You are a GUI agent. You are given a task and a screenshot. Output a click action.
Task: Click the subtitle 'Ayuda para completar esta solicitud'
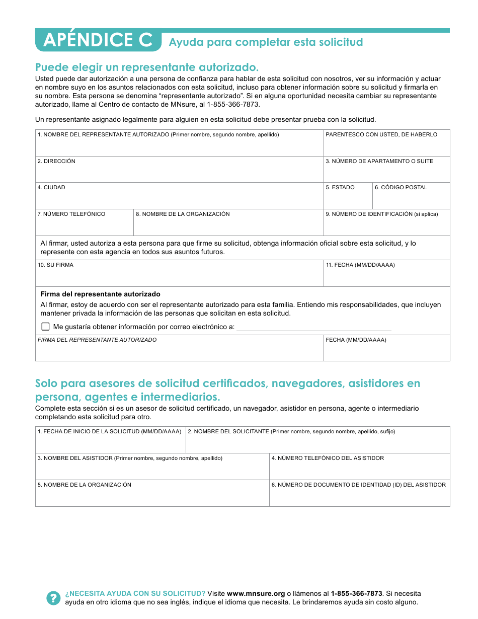tap(266, 42)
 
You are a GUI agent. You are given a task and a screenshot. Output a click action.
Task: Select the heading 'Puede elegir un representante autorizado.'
tap(147, 67)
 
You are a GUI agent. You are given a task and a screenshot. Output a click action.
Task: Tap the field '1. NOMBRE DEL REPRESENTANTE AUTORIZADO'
tap(179, 146)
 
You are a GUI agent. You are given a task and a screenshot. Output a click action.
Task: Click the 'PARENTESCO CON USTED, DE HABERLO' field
tap(386, 146)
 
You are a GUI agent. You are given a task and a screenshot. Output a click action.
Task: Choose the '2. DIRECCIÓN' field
tap(179, 173)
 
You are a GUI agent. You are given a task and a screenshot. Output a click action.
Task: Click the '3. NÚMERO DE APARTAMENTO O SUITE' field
tap(386, 173)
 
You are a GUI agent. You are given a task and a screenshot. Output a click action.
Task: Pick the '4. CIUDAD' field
tap(179, 199)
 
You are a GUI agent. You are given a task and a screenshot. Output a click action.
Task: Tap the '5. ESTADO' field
tap(348, 199)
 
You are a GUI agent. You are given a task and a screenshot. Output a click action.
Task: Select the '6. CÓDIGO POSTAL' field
tap(411, 199)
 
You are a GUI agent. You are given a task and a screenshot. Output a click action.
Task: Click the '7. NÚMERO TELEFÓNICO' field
tap(84, 225)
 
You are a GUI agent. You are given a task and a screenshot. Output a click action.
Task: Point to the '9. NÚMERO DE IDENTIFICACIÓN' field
tap(386, 225)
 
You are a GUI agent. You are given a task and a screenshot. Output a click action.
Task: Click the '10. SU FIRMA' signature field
tap(179, 277)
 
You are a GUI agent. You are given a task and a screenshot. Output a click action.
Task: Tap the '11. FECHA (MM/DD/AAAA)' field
tap(386, 277)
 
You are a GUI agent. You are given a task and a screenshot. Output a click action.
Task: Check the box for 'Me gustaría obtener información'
tap(46, 327)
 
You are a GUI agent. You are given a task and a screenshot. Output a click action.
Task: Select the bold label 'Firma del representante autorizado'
tap(100, 294)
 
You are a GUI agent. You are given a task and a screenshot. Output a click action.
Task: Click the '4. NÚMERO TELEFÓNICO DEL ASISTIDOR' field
tap(359, 470)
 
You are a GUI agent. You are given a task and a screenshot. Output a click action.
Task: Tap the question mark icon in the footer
tap(53, 598)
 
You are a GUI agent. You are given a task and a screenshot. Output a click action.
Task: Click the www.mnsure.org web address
tap(256, 593)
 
